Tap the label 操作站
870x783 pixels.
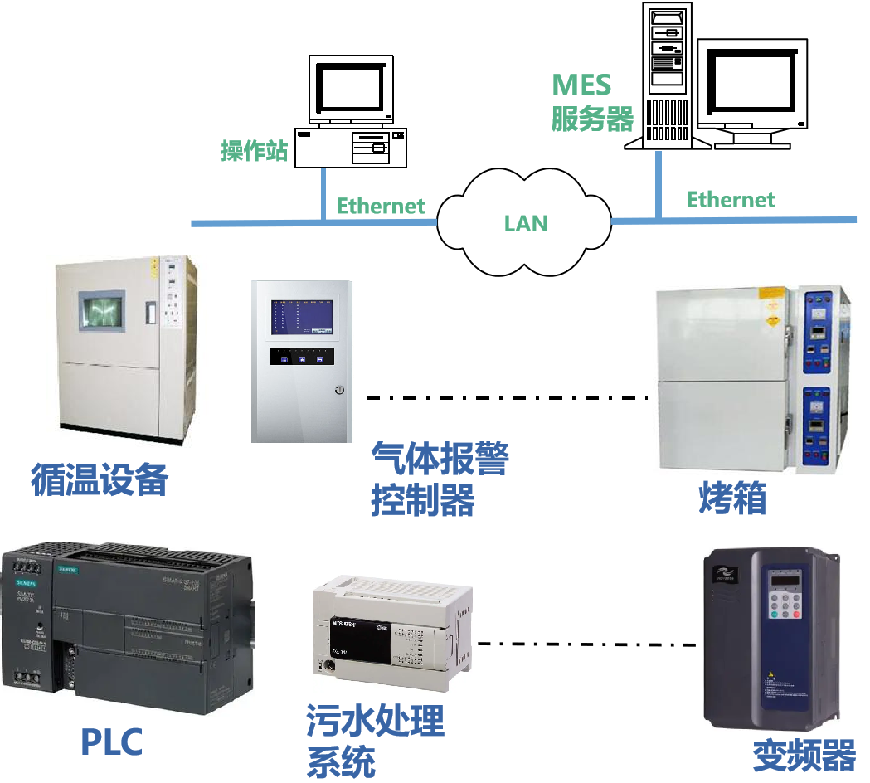254,151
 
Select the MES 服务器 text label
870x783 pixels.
591,102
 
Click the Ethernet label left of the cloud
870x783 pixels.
380,206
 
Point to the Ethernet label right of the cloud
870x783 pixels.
730,199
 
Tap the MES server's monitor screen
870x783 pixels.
751,83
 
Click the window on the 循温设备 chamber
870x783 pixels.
100,310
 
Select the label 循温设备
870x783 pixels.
100,479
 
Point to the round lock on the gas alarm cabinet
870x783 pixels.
338,390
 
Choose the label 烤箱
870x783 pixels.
731,498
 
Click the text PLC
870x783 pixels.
111,741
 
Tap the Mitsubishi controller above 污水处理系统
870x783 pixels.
392,633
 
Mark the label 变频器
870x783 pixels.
803,756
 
